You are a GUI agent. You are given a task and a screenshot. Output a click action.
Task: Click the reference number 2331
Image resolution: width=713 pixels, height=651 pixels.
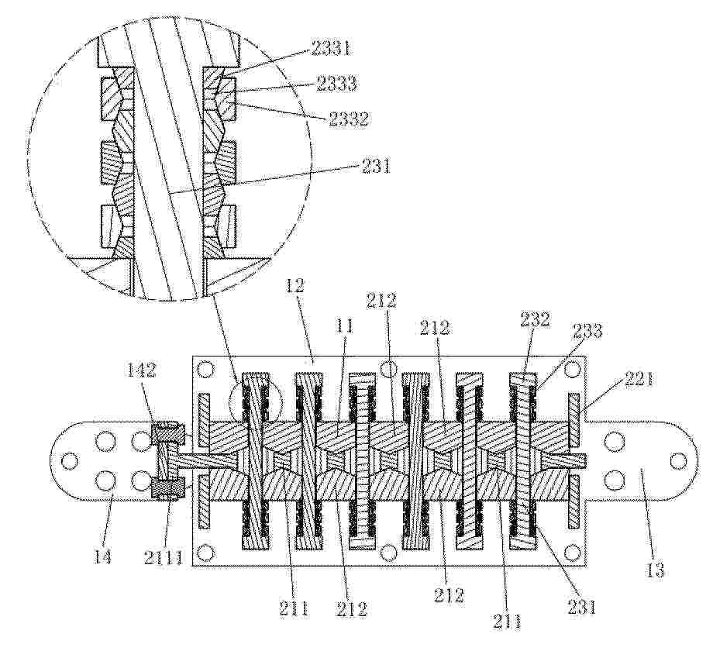click(x=332, y=49)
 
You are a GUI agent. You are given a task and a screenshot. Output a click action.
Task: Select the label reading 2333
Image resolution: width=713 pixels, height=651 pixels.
click(x=336, y=84)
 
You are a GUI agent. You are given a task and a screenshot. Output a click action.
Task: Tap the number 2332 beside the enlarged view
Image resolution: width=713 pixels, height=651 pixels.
click(x=347, y=119)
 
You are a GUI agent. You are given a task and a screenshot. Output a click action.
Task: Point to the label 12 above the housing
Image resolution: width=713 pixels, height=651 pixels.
click(x=294, y=286)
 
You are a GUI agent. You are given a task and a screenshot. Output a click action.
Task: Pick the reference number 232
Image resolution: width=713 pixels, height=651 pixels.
click(x=536, y=320)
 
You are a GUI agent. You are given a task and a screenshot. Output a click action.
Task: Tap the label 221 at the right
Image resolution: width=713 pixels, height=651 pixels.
click(x=638, y=378)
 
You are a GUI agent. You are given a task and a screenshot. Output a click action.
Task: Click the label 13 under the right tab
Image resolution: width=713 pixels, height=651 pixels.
click(x=655, y=569)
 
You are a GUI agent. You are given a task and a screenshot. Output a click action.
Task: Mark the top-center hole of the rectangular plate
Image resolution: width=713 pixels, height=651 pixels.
click(x=388, y=369)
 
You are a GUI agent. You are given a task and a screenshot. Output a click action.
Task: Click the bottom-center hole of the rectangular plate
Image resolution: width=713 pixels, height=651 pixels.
click(x=388, y=553)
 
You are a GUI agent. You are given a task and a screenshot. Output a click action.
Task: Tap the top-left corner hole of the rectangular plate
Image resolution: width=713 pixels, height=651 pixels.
click(x=206, y=369)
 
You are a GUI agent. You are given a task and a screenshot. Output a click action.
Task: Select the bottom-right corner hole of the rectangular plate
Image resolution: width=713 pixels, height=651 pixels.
click(x=572, y=553)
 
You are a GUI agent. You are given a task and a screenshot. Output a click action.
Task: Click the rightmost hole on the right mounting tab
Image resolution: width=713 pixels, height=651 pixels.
click(x=678, y=461)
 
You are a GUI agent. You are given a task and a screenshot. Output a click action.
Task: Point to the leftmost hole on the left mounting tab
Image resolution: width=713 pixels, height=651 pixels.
click(x=68, y=461)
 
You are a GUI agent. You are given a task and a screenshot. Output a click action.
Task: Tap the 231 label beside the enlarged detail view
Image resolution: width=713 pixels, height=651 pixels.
click(x=376, y=167)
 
